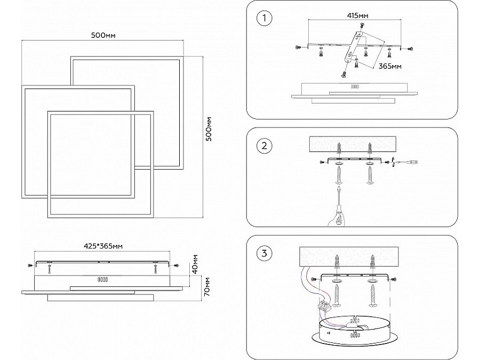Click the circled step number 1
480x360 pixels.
264,18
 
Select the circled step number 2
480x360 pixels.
264,146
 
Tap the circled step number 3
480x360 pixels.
264,253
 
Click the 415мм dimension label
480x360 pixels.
357,15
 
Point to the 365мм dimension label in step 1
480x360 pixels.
390,66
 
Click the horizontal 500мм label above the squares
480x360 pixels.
103,35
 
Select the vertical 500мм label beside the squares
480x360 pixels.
209,129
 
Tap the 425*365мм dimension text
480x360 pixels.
103,246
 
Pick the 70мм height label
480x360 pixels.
207,286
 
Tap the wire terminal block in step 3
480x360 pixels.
324,306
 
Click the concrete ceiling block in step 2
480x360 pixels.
353,144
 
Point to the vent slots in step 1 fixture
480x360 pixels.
355,86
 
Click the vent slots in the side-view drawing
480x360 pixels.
102,279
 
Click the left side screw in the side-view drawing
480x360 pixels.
30,265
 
